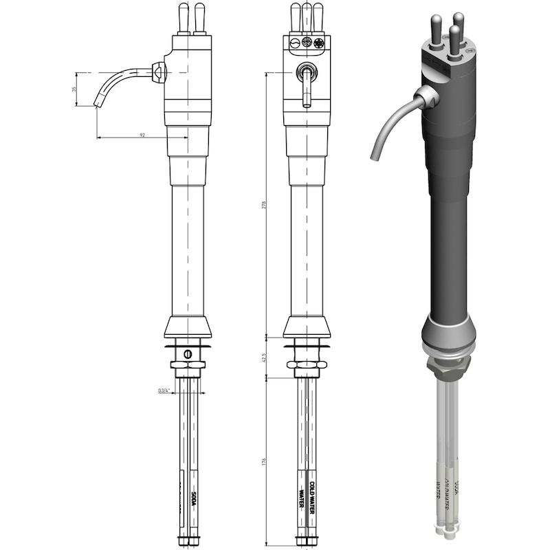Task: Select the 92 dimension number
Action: pos(142,135)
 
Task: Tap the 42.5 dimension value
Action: pos(264,357)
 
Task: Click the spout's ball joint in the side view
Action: pos(159,71)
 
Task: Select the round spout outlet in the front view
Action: pos(307,71)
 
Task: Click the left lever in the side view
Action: pos(184,17)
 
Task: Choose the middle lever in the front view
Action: pos(307,17)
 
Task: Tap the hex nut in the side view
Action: pos(187,365)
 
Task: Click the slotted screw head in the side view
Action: pos(187,353)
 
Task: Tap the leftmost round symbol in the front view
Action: pos(295,43)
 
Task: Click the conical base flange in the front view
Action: pos(307,327)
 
